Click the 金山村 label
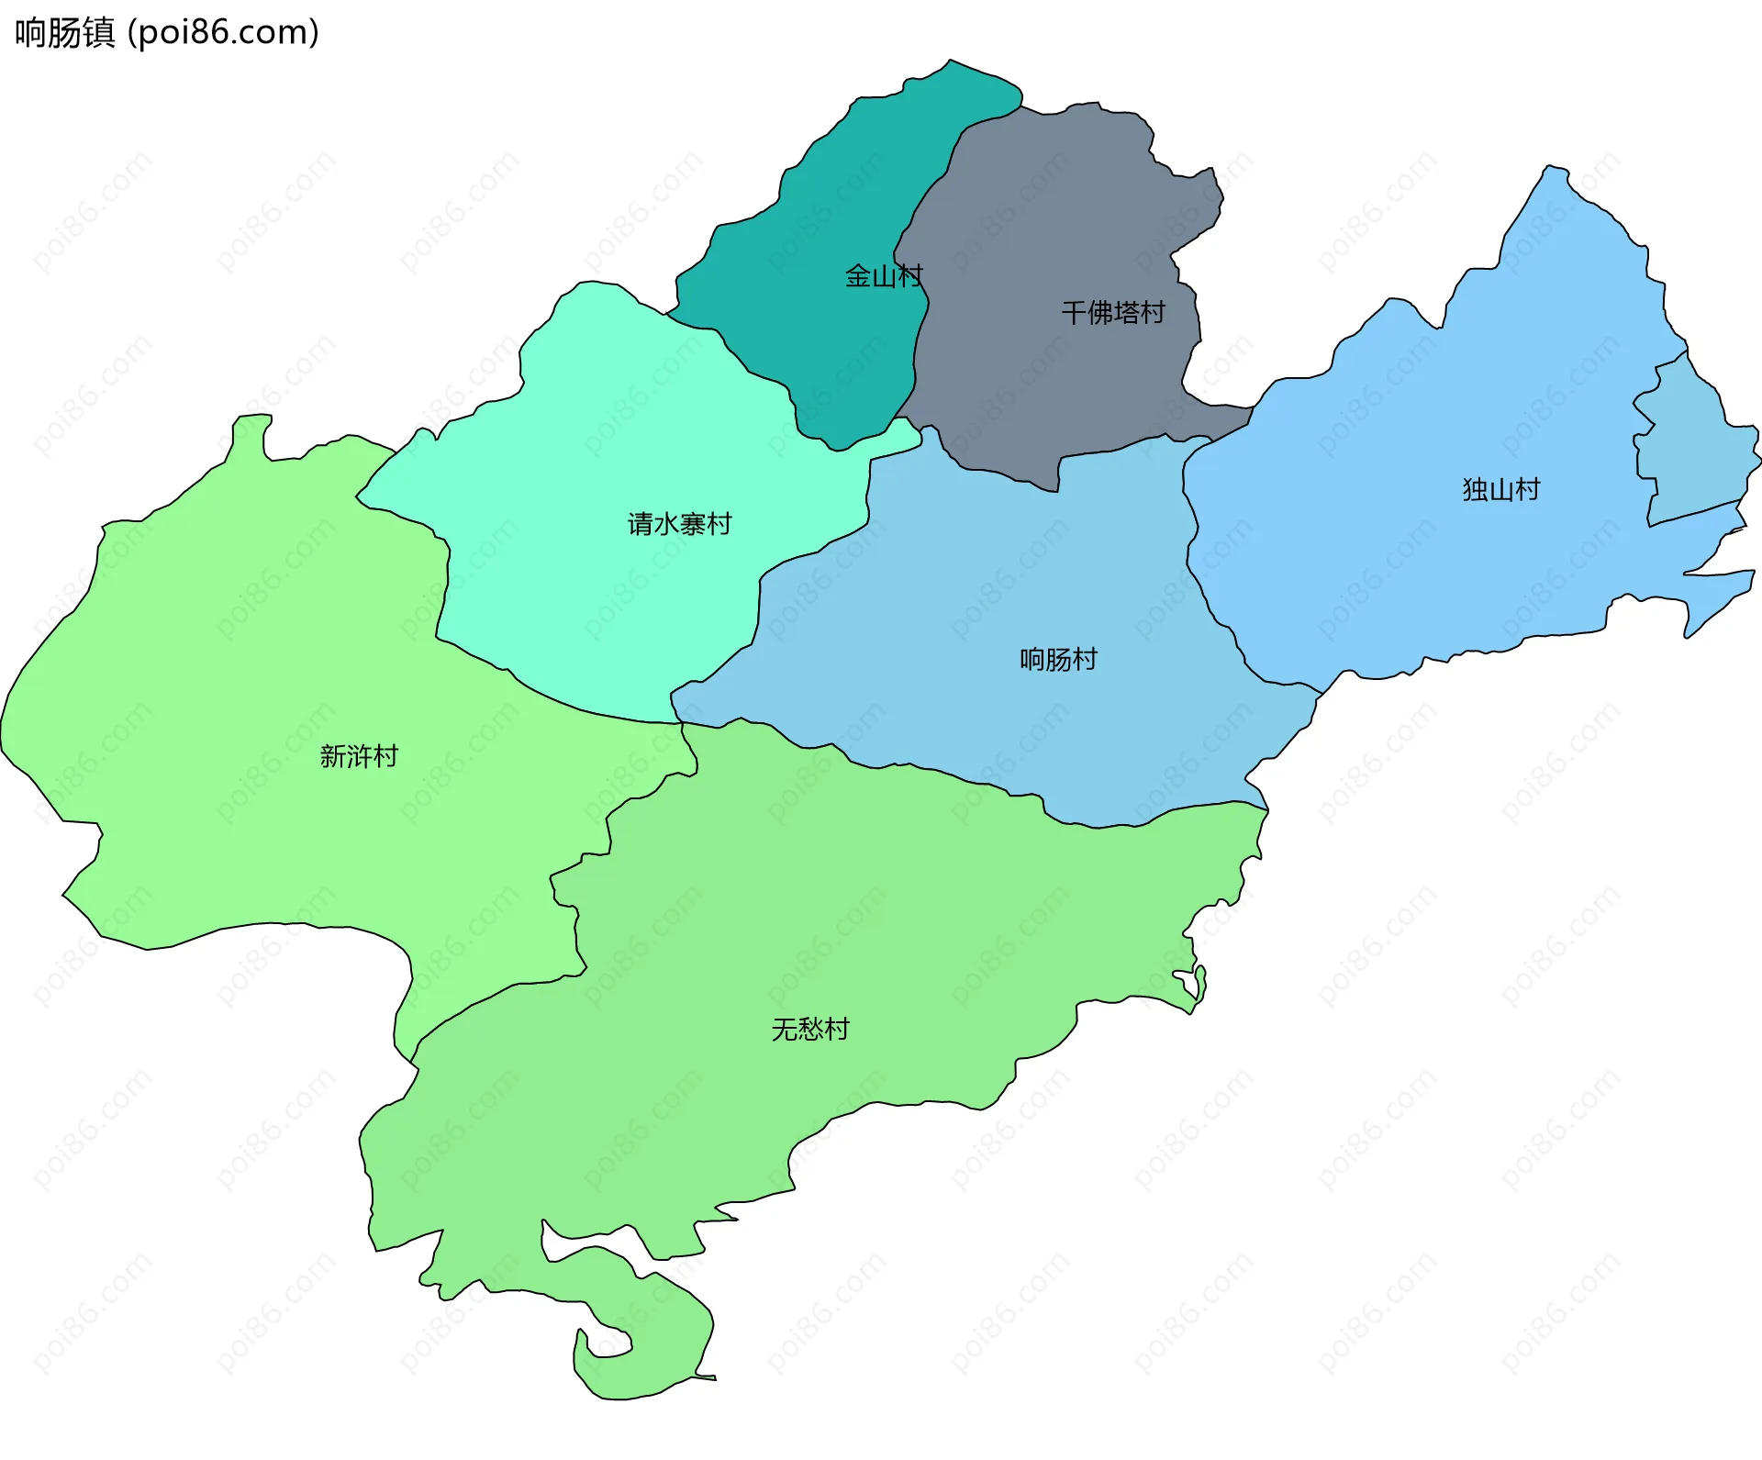(883, 276)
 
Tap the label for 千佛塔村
(1112, 313)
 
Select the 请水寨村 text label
(679, 524)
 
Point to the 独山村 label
(1500, 489)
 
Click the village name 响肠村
(1058, 659)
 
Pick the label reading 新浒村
(359, 756)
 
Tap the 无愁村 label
(810, 1029)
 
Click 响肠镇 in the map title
(64, 32)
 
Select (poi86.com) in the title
(223, 32)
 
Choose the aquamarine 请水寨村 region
(624, 440)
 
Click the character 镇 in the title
(98, 32)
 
